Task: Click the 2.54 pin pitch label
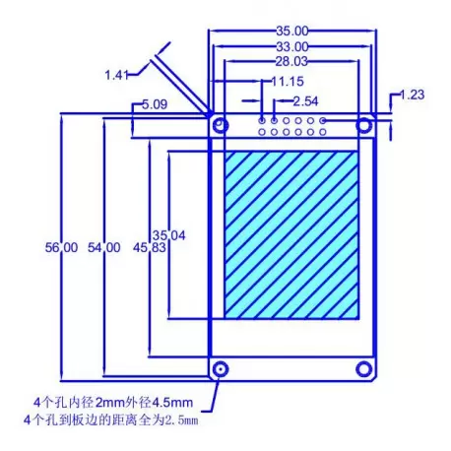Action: (x=305, y=100)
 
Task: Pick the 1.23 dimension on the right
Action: (x=412, y=95)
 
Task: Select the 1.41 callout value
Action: (x=117, y=74)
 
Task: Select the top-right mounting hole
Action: (x=364, y=125)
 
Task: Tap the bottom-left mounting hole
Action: (x=221, y=368)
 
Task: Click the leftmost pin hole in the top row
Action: (x=262, y=120)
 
